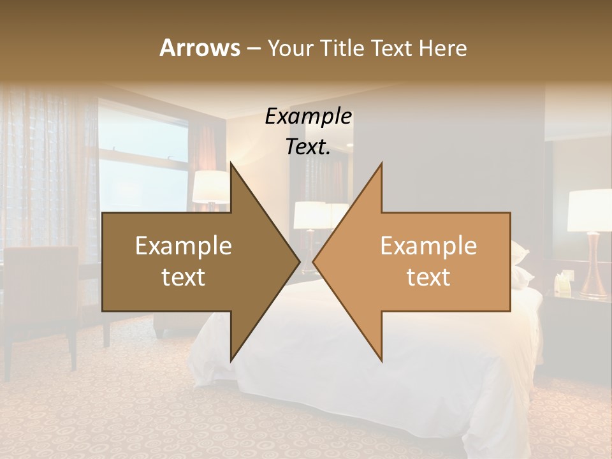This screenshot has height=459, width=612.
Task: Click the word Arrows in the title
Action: coord(200,48)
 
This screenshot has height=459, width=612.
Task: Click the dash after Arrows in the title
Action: coord(253,48)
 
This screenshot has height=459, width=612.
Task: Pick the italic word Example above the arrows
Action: coord(308,117)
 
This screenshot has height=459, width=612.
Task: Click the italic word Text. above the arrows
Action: coord(308,147)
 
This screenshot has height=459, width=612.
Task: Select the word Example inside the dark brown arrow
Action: coord(184,246)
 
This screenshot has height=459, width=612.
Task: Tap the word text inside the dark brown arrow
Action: coord(184,277)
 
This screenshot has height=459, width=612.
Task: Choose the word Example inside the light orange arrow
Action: coord(428,246)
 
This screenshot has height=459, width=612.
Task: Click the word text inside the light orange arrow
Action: coord(428,277)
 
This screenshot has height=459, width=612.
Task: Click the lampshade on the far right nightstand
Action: coord(590,210)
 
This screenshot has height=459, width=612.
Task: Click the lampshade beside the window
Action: coord(210,187)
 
